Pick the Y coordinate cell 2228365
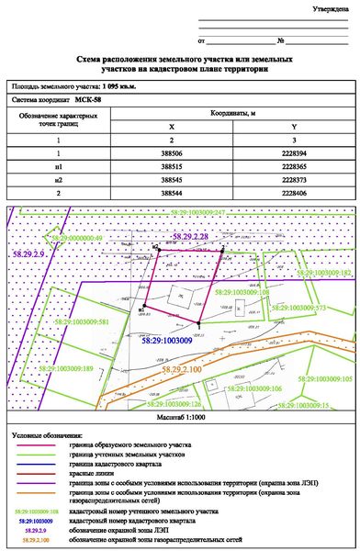(293, 168)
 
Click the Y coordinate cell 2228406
(293, 194)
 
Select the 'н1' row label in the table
(59, 168)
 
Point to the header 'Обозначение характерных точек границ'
(59, 121)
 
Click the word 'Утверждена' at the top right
(330, 8)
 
